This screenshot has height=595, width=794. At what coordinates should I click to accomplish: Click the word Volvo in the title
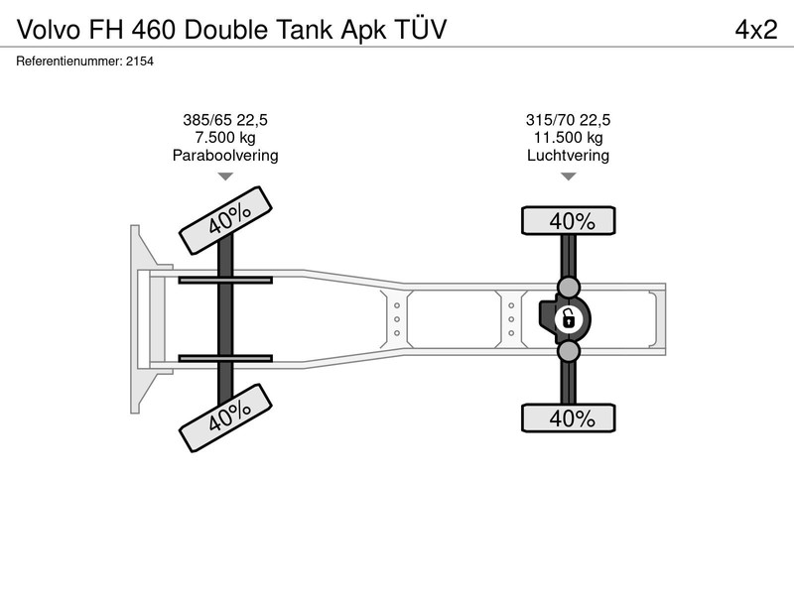tap(49, 30)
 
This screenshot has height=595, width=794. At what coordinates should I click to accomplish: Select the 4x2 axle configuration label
tap(756, 30)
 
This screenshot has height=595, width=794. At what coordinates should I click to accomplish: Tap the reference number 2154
tap(140, 61)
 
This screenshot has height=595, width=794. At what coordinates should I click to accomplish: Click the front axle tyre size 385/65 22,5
tap(225, 120)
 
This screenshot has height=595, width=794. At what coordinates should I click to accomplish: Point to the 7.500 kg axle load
tap(225, 137)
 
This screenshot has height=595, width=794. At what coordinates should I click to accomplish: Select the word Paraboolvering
tap(225, 155)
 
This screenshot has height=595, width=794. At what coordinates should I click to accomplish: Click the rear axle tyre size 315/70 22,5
tap(568, 120)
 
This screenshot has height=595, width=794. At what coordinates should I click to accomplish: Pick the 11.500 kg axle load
tap(568, 137)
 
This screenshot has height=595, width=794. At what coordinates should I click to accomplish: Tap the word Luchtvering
tap(568, 155)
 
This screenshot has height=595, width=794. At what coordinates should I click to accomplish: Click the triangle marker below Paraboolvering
tap(225, 176)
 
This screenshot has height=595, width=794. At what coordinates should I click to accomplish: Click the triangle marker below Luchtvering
tap(569, 176)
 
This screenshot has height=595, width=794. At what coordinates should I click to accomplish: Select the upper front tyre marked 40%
tap(226, 220)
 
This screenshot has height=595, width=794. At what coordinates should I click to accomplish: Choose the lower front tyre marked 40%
tap(226, 417)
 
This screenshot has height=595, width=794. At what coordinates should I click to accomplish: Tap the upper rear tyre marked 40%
tap(569, 220)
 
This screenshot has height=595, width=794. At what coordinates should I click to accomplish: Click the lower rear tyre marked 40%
tap(569, 417)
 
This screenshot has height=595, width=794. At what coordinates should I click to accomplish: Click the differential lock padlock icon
tap(568, 319)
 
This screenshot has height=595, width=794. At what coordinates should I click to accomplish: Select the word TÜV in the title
tap(420, 29)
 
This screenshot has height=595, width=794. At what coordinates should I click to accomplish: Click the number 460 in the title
tap(154, 30)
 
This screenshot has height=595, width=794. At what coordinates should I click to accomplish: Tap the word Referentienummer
tap(69, 61)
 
